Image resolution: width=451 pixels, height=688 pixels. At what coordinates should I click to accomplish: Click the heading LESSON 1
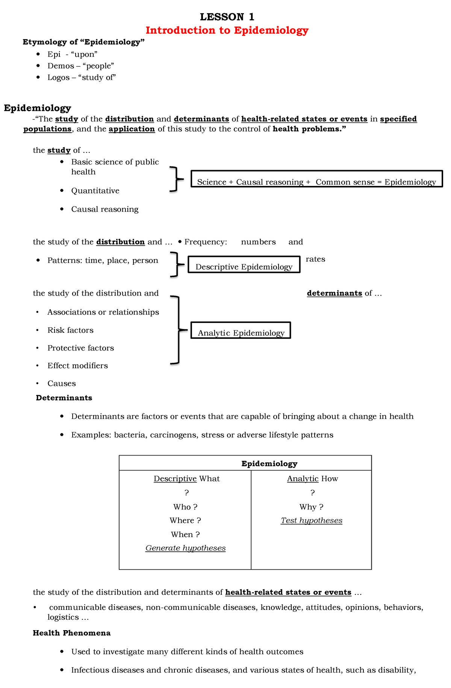tap(227, 17)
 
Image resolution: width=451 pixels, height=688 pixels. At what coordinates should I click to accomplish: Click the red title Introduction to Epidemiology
tap(227, 30)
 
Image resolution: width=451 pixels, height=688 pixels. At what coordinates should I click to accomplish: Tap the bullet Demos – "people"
tap(80, 66)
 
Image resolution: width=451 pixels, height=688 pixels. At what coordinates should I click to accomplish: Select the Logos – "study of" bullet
tap(82, 78)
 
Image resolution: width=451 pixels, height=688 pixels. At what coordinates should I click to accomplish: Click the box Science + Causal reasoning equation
tap(316, 179)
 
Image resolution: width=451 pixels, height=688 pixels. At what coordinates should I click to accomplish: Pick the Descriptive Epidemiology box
tap(244, 264)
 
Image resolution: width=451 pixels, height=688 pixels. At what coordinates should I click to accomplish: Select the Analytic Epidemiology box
tap(241, 330)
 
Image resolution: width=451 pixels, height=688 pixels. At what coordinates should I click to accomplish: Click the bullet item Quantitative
tap(95, 191)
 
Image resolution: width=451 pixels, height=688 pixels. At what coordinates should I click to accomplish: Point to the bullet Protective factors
tap(80, 348)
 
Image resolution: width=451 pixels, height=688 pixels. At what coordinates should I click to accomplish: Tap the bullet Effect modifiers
tap(77, 366)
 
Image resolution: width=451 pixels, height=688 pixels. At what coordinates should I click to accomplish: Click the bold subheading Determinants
tap(64, 398)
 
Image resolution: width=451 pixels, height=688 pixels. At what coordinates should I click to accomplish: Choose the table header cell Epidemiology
tap(269, 464)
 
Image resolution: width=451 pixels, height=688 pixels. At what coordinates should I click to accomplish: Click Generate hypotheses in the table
tap(185, 548)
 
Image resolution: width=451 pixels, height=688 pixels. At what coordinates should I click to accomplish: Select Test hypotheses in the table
tap(311, 521)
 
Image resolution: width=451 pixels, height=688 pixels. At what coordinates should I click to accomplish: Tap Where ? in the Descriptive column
tap(185, 521)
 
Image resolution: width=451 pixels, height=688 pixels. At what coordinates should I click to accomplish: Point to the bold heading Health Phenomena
tap(71, 633)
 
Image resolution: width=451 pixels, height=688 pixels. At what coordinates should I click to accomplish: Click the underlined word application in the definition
tap(132, 129)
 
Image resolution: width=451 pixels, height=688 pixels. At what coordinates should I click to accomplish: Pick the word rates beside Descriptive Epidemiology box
tap(315, 260)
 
